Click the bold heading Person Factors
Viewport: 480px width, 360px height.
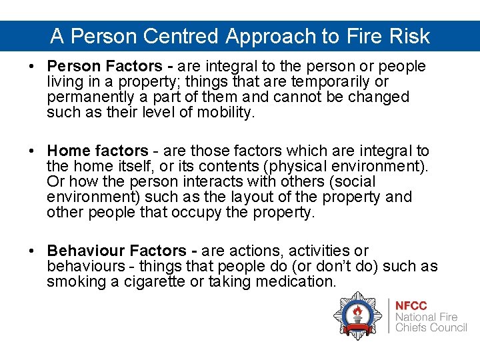[x=104, y=67]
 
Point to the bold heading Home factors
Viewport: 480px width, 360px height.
[x=97, y=151]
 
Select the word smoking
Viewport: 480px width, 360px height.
[x=72, y=282]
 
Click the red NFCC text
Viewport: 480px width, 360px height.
[x=411, y=305]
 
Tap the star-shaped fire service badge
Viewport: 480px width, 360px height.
[x=357, y=315]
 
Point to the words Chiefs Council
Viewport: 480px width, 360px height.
[x=431, y=327]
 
